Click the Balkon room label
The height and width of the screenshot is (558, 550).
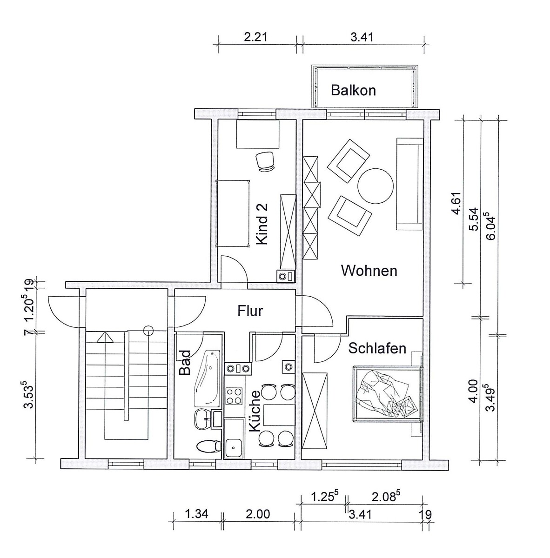pyautogui.click(x=353, y=90)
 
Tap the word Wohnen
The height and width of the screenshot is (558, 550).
pyautogui.click(x=369, y=271)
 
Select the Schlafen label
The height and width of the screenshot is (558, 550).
pyautogui.click(x=377, y=348)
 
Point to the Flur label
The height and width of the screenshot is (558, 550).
pyautogui.click(x=250, y=311)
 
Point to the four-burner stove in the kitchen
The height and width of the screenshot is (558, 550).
pyautogui.click(x=234, y=396)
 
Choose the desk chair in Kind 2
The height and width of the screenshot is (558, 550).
pyautogui.click(x=265, y=161)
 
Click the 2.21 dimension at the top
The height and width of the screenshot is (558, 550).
pyautogui.click(x=255, y=37)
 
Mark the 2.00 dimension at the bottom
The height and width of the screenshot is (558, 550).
pyautogui.click(x=258, y=514)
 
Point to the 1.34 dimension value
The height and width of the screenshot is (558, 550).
pyautogui.click(x=196, y=514)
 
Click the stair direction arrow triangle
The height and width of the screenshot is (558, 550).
pyautogui.click(x=105, y=338)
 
